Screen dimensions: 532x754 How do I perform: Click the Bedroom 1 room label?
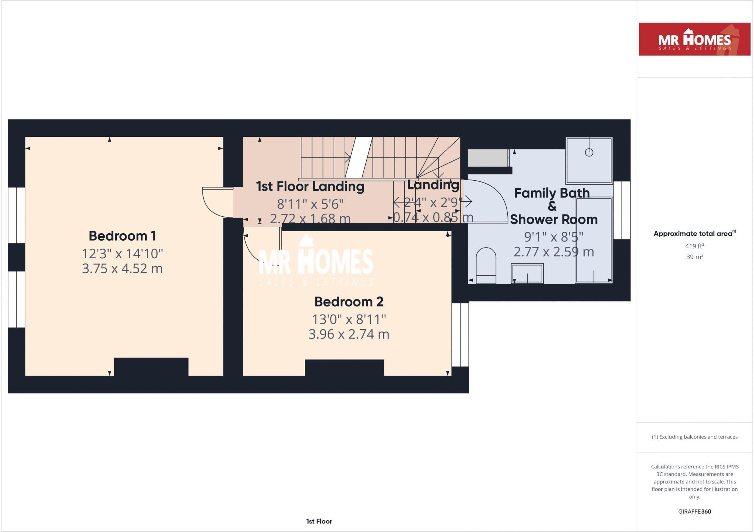pos(122,236)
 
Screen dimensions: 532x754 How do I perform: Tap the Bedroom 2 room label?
pos(349,302)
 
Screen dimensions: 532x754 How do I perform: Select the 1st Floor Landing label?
pos(310,187)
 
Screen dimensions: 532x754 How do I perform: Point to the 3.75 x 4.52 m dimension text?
pos(122,269)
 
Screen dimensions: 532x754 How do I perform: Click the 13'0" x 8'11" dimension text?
pos(349,319)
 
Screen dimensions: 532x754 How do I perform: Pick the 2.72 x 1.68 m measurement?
pos(310,219)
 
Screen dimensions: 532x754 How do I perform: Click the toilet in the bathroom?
pos(486,266)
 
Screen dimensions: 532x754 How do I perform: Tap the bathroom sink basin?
pos(527,273)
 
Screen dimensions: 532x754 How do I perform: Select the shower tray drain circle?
pos(589,152)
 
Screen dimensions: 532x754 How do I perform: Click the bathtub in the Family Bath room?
pos(594,240)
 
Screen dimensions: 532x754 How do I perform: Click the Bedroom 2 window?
pos(460,334)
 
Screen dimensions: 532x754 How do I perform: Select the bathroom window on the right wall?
pos(622,210)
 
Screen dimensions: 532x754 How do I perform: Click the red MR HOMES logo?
pos(694,39)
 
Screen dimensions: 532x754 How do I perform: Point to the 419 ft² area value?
pos(694,246)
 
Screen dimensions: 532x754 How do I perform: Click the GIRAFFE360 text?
pos(694,511)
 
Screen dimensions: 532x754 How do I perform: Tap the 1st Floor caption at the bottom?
pos(319,521)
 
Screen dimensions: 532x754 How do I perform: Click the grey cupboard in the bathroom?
pos(488,158)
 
